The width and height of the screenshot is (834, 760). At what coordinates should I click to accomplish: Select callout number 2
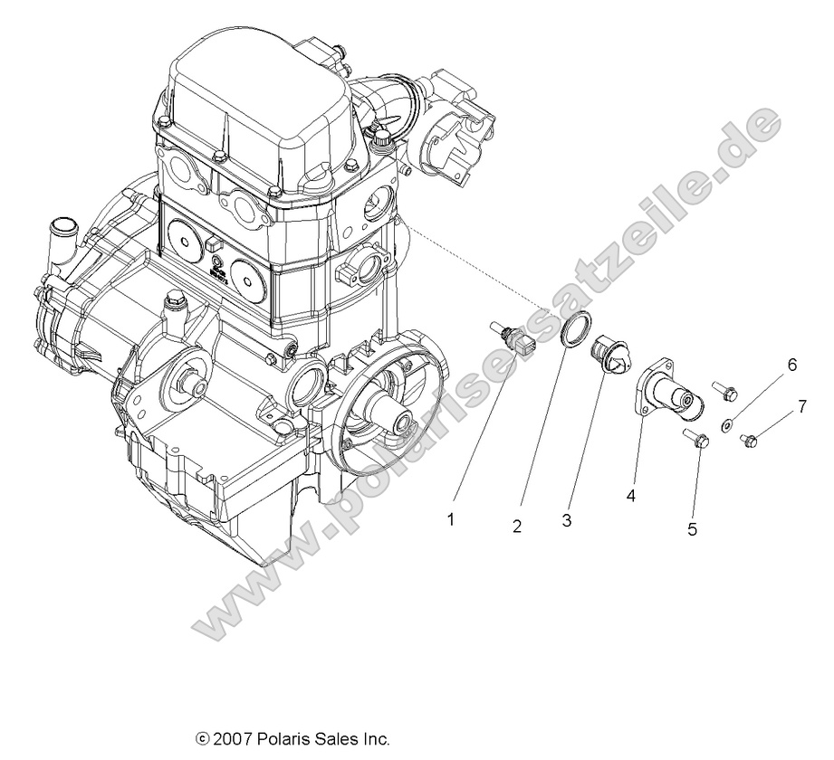coord(517,527)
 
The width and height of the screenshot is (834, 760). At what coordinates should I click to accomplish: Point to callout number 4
coord(630,495)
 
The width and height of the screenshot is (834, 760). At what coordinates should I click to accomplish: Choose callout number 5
coord(692,529)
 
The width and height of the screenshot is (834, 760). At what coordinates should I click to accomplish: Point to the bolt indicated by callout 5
coord(695,440)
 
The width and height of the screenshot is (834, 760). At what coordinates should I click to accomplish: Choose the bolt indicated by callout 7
coord(749,440)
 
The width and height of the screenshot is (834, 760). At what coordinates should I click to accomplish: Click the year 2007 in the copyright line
coord(233,739)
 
